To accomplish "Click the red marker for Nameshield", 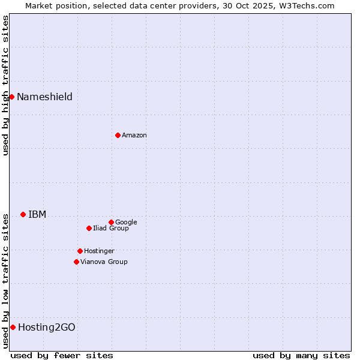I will pos(11,97).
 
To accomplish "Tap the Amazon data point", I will pos(118,135).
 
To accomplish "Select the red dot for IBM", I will pos(23,214).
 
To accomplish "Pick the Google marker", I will pos(111,222).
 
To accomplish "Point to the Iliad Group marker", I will pos(89,228).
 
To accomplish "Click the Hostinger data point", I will pos(80,251).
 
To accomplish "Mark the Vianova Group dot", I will pos(76,262).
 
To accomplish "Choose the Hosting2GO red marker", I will pos(13,327).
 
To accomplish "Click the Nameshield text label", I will pos(44,97).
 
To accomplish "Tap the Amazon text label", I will pos(134,136).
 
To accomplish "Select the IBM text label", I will pos(37,215).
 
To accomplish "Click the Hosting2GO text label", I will pos(47,328).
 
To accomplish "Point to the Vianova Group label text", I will pos(104,262).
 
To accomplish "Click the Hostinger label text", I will pos(99,251).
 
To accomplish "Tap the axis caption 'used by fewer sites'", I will pos(62,355).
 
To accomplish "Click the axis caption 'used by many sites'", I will pos(301,355).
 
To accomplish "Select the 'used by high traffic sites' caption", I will pos(5,85).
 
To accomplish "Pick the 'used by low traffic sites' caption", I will pos(5,281).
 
